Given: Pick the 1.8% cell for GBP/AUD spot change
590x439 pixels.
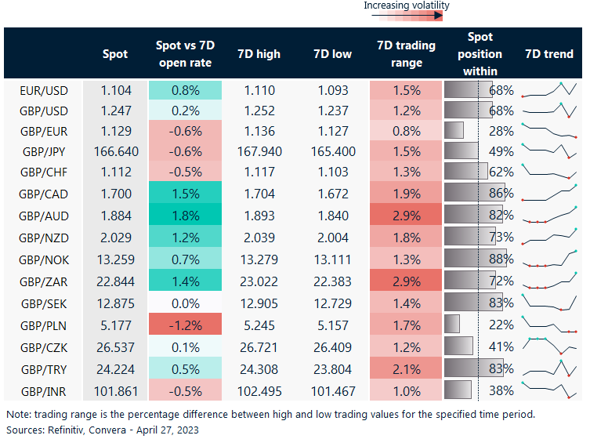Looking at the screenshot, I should pos(185,216).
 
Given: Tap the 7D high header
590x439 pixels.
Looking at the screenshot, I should pos(259,54).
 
